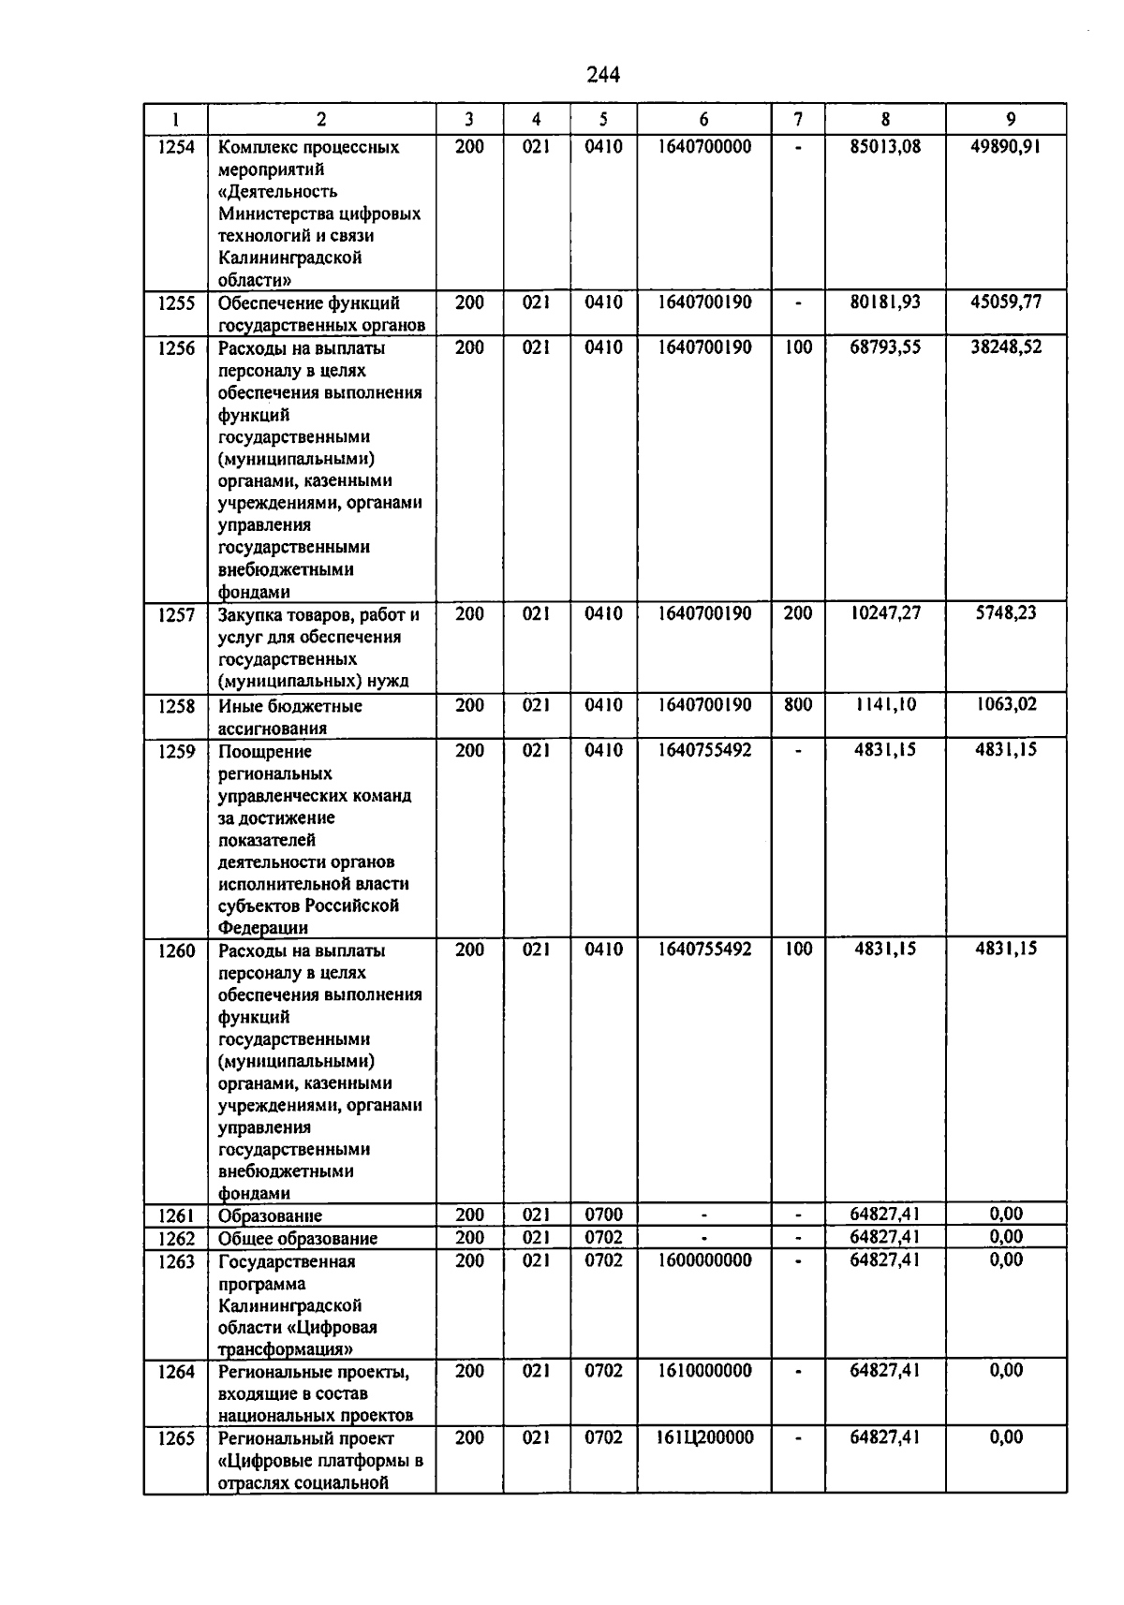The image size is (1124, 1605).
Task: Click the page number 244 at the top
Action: [603, 75]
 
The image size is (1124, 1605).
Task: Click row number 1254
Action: [176, 147]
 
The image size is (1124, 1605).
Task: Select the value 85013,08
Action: [884, 146]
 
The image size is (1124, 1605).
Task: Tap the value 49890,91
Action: [1006, 146]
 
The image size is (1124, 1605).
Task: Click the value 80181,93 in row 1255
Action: [884, 302]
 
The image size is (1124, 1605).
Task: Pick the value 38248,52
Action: [1006, 347]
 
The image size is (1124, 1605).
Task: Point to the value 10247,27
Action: [884, 613]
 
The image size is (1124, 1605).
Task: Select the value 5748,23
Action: [1006, 613]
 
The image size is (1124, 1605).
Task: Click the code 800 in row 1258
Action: [798, 705]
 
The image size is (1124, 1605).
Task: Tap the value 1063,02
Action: [1006, 704]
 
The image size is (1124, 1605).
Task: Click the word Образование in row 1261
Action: [270, 1216]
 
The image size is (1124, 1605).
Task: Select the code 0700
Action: [603, 1215]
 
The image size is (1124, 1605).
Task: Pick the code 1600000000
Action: [704, 1260]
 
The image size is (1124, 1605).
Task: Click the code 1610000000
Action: [704, 1371]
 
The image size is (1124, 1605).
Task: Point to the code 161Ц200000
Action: [704, 1437]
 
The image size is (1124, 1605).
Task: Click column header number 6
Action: [703, 119]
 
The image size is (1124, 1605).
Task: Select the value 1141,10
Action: [884, 705]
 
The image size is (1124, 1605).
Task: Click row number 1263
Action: [176, 1261]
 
